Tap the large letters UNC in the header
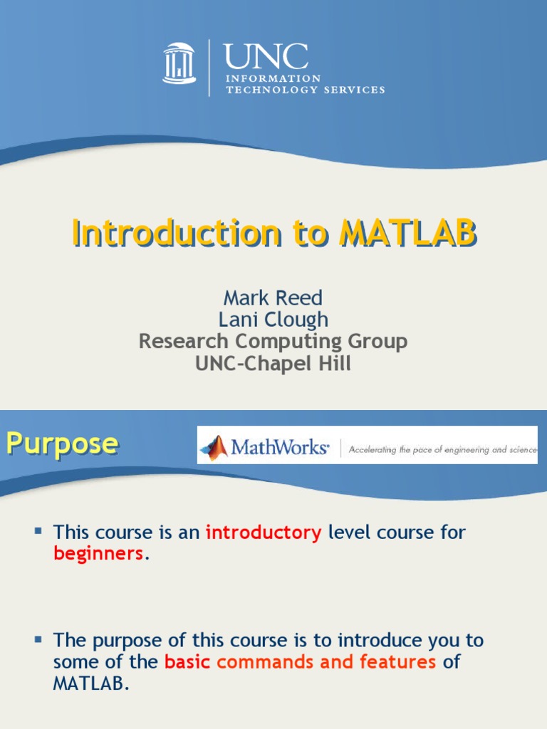click(266, 57)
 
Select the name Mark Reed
click(273, 298)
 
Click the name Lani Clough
click(273, 319)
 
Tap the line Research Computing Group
click(273, 341)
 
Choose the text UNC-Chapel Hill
click(273, 363)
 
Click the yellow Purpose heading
click(62, 444)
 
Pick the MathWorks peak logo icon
click(214, 446)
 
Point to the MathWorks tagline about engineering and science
click(442, 449)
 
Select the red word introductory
click(264, 533)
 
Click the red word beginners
click(99, 554)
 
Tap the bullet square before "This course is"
click(38, 530)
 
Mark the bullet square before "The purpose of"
click(38, 640)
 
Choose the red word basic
click(187, 662)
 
